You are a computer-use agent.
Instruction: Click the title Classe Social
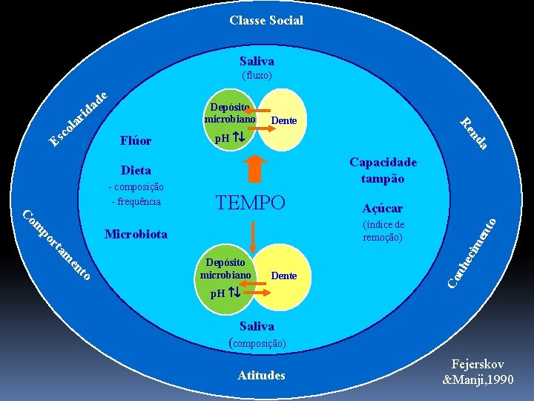click(266, 20)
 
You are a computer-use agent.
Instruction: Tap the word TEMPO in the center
click(250, 203)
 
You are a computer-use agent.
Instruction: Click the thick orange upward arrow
click(254, 167)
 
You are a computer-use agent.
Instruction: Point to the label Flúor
click(135, 140)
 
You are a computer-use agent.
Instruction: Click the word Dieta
click(136, 170)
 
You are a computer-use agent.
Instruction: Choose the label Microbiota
click(136, 235)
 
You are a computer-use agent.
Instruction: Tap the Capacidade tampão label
click(383, 170)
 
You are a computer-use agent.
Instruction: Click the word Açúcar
click(383, 209)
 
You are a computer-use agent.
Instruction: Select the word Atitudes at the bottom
click(261, 376)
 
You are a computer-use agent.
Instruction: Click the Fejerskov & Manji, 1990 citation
click(477, 371)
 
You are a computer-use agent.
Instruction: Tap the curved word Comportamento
click(56, 246)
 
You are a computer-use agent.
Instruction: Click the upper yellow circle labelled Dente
click(283, 120)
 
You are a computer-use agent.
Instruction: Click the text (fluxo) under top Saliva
click(257, 76)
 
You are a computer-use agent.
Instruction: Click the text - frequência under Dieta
click(136, 201)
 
